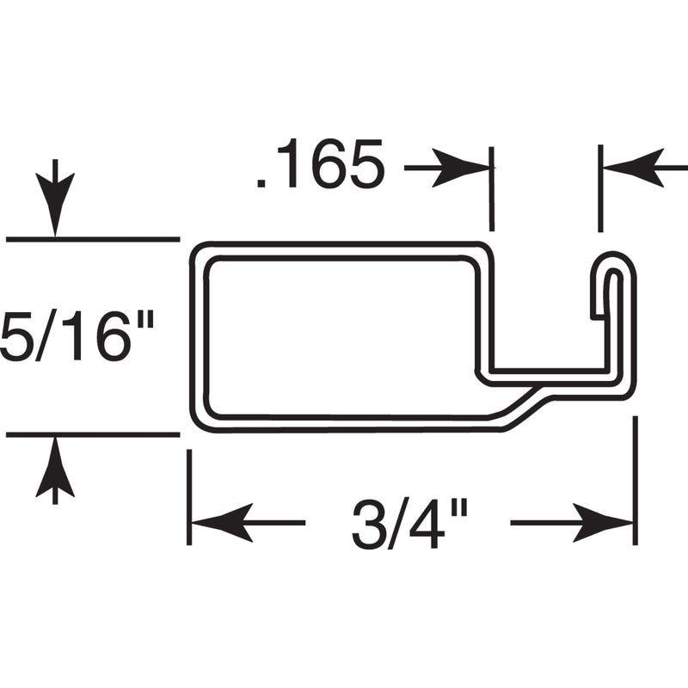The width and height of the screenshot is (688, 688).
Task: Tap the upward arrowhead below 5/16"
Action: tap(55, 469)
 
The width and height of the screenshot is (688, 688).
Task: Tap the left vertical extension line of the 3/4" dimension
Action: tap(188, 499)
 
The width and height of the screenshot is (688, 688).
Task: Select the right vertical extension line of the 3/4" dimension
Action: tap(636, 482)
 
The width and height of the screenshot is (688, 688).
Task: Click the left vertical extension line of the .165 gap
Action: tap(492, 189)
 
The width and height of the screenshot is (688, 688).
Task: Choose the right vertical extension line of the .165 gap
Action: tap(599, 189)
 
